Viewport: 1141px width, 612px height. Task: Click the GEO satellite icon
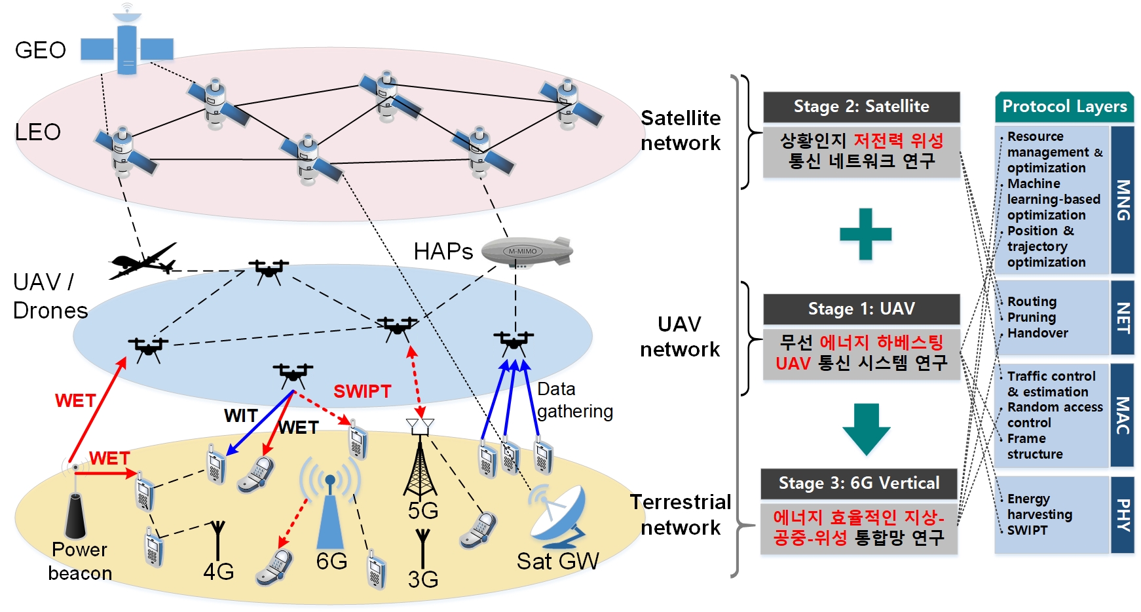127,46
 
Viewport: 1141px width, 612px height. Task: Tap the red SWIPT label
362,391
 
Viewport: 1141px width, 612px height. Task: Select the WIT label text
241,415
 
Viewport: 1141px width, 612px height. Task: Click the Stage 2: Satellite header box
861,107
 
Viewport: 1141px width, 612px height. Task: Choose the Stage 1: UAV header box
861,309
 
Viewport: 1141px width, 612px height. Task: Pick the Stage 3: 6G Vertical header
859,484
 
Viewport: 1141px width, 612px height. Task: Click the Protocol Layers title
1064,107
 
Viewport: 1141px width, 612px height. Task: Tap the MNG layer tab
1123,200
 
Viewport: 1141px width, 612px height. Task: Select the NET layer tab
1123,318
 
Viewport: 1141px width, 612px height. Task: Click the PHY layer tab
1123,515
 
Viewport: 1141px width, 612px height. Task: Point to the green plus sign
865,234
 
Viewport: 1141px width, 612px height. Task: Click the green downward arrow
866,429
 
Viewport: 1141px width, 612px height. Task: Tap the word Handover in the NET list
1038,333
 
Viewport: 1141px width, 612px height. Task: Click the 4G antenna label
219,571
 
